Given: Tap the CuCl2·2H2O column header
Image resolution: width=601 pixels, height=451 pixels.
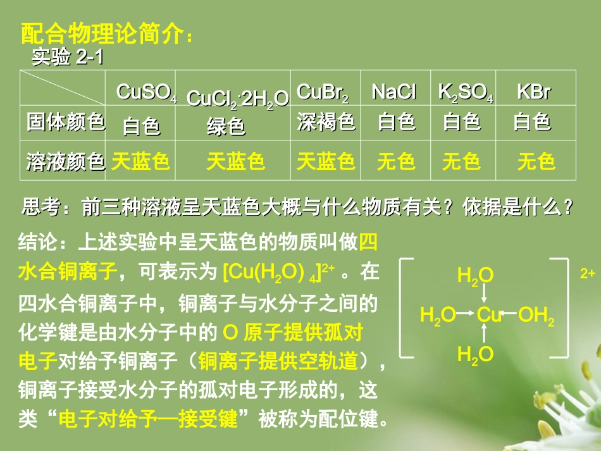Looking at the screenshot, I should click(238, 99).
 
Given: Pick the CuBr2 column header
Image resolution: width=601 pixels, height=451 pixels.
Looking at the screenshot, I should click(323, 92).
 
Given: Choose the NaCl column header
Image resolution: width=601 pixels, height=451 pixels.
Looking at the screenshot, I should click(393, 92).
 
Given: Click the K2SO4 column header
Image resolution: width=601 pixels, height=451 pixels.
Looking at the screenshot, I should click(466, 92).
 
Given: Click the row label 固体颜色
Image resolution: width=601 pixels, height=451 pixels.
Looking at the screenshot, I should click(65, 121).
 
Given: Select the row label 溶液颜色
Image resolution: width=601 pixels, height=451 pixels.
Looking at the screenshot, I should click(65, 162).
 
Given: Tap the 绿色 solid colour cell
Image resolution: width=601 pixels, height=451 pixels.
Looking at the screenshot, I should click(226, 127).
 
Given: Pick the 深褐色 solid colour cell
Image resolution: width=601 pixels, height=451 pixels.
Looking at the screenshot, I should click(326, 121).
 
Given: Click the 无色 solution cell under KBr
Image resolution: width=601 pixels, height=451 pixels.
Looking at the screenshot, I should click(536, 162).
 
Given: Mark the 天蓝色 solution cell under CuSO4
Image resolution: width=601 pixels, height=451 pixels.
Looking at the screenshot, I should click(140, 162).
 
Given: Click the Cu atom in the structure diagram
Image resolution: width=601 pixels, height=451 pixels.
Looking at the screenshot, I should click(488, 314).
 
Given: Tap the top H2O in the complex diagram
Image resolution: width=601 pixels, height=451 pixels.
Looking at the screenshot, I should click(475, 275).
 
